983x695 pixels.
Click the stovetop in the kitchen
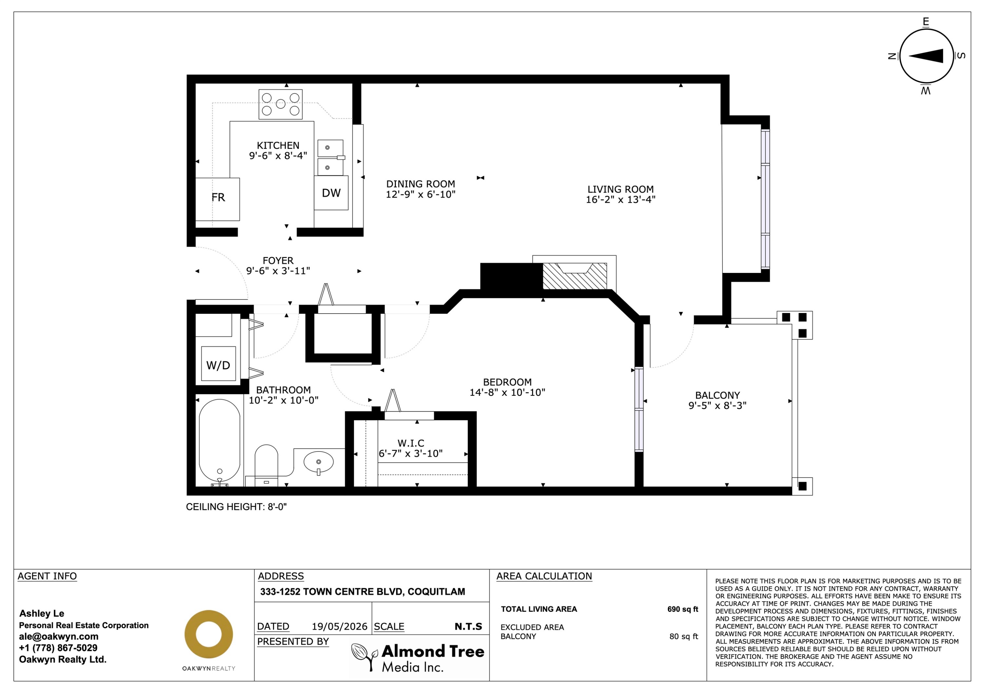click(280, 104)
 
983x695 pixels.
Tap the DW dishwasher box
click(331, 193)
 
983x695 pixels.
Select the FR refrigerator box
click(218, 199)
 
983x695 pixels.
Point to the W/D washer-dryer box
click(218, 364)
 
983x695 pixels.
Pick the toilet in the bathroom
click(266, 465)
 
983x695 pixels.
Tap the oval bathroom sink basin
click(318, 462)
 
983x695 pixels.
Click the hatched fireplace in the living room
click(574, 276)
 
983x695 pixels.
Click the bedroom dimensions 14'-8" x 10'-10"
click(507, 392)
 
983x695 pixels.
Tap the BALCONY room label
click(718, 395)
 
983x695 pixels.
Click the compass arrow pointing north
click(926, 56)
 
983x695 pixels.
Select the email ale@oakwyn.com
click(59, 636)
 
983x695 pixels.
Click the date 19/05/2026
click(339, 627)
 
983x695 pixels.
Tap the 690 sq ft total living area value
click(683, 609)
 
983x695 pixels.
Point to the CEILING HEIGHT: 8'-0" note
click(236, 507)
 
